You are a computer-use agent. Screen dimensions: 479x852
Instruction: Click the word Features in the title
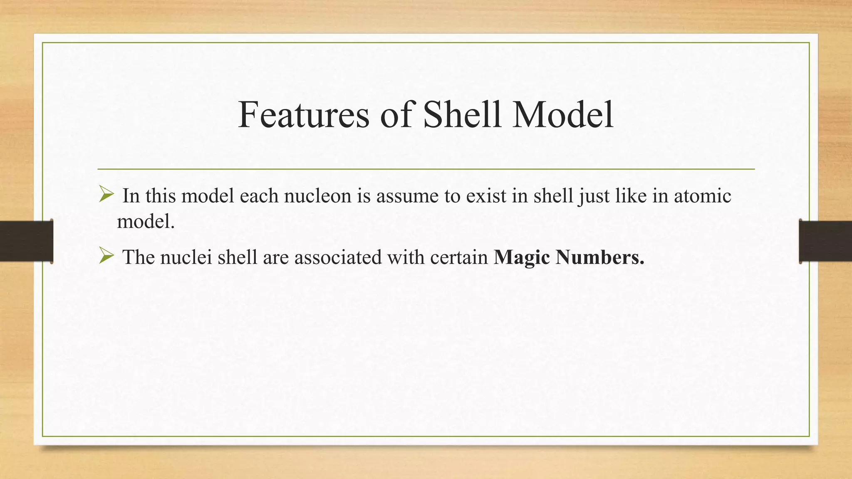pos(304,114)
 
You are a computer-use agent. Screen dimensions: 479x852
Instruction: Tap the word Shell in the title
pos(462,114)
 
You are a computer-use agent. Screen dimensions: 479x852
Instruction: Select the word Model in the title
pos(563,114)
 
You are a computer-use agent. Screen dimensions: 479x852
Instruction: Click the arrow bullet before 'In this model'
pos(106,194)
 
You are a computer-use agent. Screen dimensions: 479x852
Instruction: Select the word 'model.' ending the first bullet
pos(146,221)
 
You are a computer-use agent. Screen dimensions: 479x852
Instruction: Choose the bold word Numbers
pos(600,257)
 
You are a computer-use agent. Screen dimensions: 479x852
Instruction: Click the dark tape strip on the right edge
pos(825,241)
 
